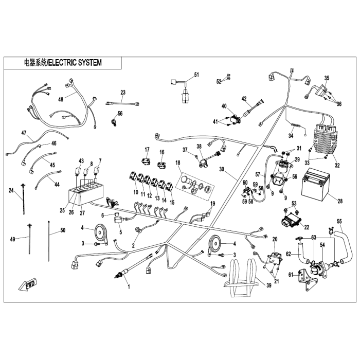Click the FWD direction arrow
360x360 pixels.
(28, 284)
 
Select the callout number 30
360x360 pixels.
(221, 169)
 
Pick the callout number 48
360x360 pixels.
(61, 99)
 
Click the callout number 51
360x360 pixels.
(196, 75)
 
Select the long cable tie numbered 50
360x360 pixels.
(49, 241)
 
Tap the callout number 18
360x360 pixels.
(178, 163)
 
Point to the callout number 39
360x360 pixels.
(268, 285)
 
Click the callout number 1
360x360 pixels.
(129, 287)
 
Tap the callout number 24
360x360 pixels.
(11, 190)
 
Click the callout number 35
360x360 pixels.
(327, 78)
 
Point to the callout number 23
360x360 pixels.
(123, 93)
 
